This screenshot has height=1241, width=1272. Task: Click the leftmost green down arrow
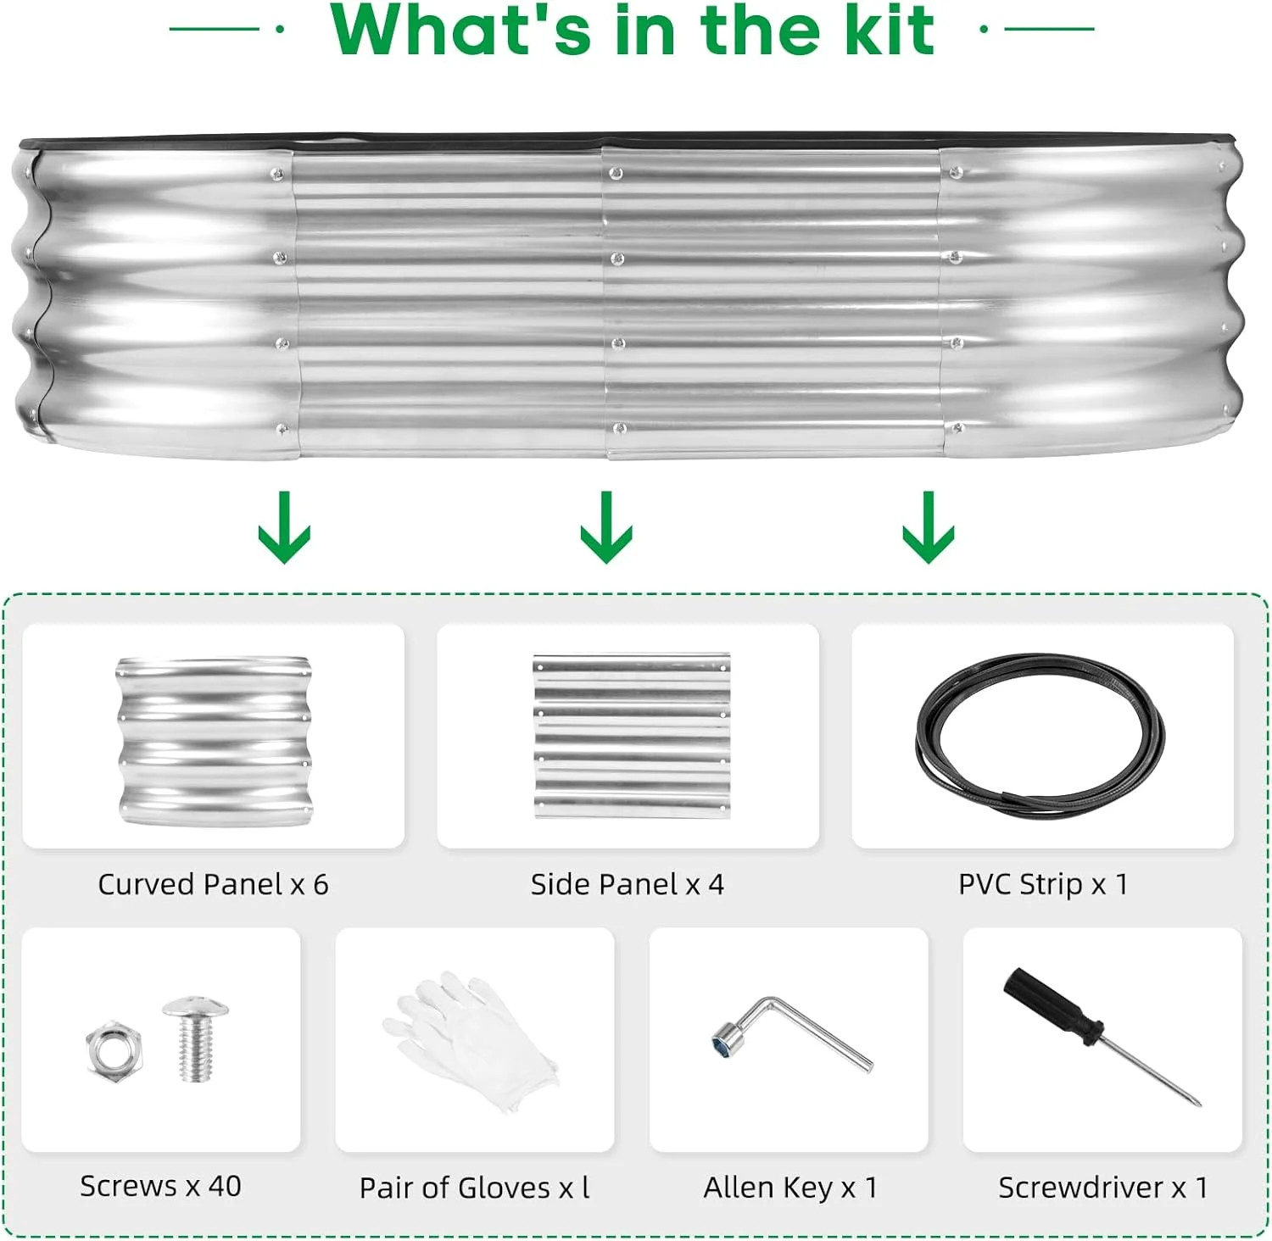(x=284, y=527)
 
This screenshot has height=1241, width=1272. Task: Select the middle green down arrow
(x=606, y=527)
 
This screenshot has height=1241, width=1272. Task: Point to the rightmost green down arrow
(x=929, y=527)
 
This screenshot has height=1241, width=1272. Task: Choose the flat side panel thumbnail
(x=632, y=736)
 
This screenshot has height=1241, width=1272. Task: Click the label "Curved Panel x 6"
(x=213, y=884)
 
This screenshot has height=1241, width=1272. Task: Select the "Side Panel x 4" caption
(x=628, y=884)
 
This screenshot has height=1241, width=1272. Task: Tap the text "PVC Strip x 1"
(x=1043, y=884)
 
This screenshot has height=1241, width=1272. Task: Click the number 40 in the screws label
(x=225, y=1186)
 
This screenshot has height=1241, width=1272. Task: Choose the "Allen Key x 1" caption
(x=790, y=1188)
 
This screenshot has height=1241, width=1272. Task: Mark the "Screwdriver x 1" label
(x=1103, y=1188)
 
